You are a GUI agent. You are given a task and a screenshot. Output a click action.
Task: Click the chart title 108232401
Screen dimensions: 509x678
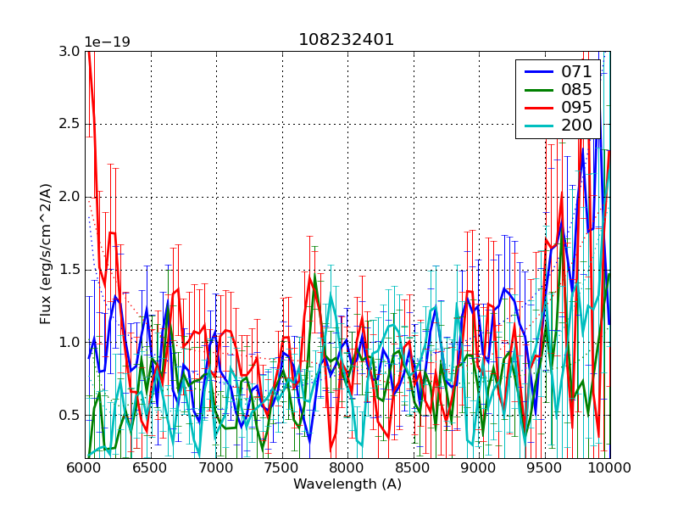click(x=347, y=40)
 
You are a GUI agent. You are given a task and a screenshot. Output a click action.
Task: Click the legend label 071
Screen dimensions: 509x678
click(x=577, y=72)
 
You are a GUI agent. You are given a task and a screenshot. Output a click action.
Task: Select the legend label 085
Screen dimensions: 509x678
click(x=577, y=90)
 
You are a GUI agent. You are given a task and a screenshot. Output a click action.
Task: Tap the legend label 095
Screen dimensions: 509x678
click(x=577, y=108)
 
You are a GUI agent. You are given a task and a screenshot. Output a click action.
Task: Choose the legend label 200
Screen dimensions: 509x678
click(x=577, y=126)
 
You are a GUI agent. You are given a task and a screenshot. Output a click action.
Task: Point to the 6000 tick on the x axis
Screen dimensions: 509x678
click(x=85, y=469)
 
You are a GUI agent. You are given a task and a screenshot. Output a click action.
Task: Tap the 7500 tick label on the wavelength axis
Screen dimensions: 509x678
click(x=281, y=469)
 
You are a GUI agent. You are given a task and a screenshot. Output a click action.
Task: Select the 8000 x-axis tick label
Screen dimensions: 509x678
click(x=347, y=469)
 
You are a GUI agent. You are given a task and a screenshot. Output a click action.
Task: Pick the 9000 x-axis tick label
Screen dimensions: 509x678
click(x=479, y=469)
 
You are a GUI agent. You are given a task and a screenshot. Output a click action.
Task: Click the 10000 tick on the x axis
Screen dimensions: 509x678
click(x=609, y=469)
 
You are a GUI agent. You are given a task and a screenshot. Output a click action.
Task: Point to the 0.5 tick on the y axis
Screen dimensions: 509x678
click(x=69, y=415)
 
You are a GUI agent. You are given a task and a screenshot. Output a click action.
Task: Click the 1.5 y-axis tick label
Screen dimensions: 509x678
click(x=69, y=270)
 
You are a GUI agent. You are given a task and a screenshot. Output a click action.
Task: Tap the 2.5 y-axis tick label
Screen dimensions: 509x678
click(x=69, y=124)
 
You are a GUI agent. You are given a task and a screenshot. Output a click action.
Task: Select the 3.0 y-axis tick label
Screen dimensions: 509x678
click(x=69, y=51)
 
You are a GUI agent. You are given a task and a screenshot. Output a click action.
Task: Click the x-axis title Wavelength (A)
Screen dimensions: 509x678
click(x=347, y=484)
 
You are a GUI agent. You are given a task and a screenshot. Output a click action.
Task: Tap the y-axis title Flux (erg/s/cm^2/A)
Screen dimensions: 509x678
click(x=47, y=255)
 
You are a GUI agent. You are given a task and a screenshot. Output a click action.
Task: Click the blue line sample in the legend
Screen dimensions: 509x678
click(x=537, y=72)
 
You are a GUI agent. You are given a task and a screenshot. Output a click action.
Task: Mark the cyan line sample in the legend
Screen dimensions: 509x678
click(x=537, y=126)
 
